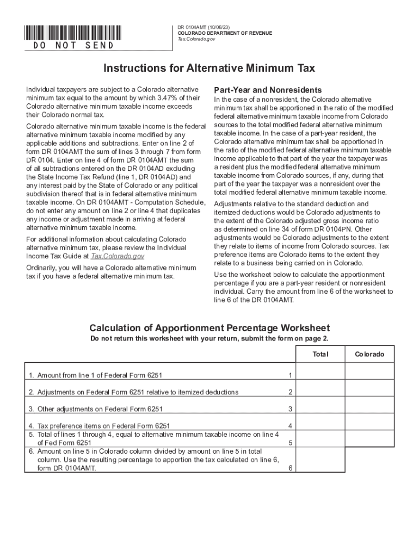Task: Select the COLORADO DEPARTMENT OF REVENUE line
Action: click(225, 33)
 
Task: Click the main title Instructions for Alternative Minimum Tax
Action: click(209, 69)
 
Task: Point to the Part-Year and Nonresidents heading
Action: click(268, 90)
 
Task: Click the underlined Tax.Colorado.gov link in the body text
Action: click(117, 256)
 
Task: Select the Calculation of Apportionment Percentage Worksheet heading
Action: click(209, 328)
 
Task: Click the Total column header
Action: click(321, 354)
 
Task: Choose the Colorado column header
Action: click(369, 354)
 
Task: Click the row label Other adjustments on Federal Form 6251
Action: click(96, 409)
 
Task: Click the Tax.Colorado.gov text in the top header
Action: click(196, 40)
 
